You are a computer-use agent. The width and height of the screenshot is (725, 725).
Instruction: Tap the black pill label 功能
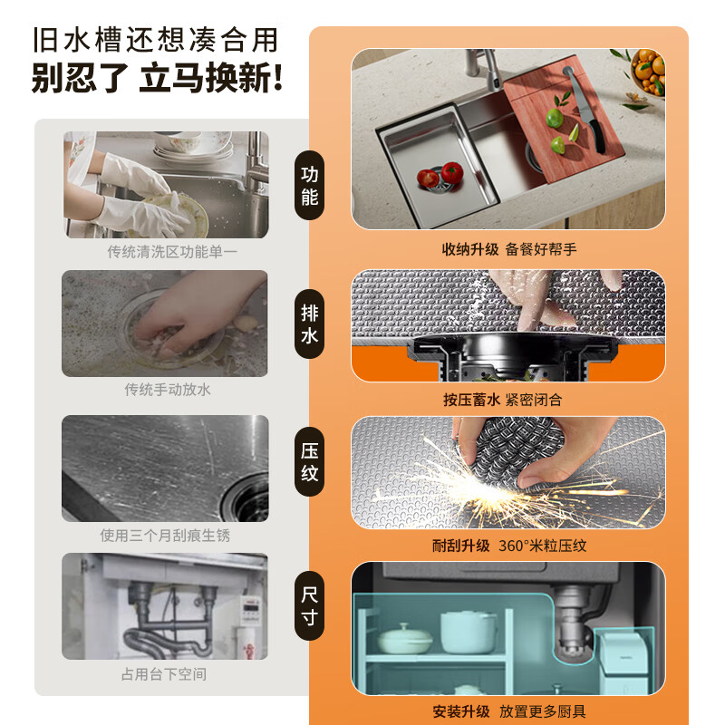coord(309,185)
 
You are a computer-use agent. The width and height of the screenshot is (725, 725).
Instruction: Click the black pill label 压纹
coord(309,461)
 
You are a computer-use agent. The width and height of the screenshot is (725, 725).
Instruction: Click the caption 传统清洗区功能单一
coord(171,251)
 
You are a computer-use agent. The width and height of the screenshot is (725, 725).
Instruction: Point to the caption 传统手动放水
coord(168,390)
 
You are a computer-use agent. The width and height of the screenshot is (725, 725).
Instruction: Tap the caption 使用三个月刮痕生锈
coord(165,536)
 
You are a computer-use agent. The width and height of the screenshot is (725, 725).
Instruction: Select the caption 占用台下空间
coord(164,674)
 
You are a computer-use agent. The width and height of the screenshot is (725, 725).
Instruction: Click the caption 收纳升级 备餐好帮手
coord(508,249)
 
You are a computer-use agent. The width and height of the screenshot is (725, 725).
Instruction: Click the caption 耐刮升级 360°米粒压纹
coord(508,546)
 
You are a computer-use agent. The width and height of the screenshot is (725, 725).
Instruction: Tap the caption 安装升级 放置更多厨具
coord(508,712)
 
